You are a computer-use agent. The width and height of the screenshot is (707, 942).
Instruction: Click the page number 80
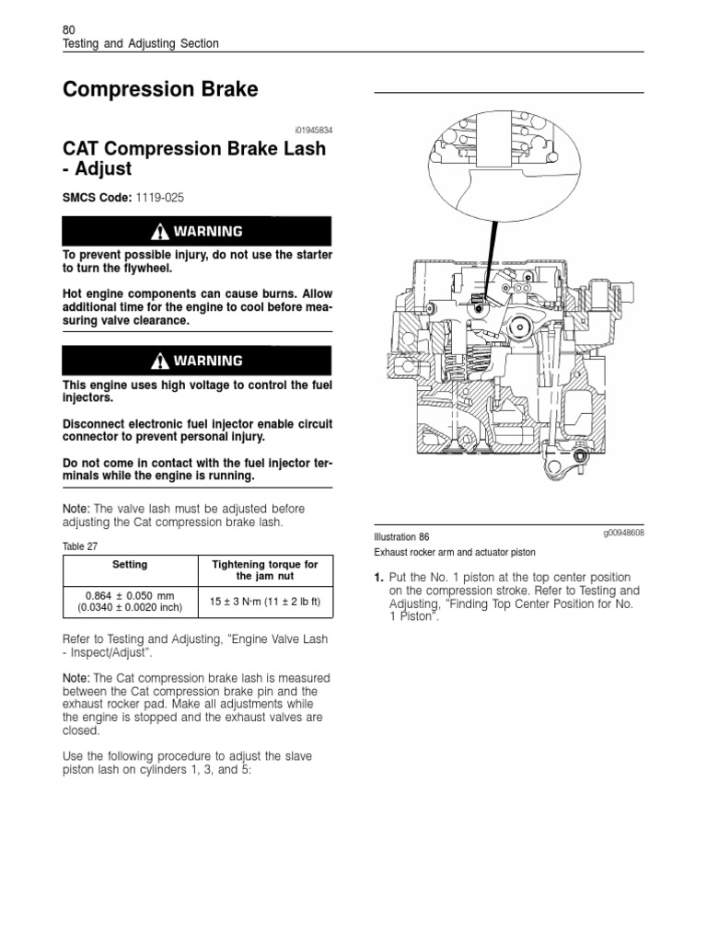(68, 29)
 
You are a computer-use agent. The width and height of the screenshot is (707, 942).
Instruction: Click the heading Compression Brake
(160, 90)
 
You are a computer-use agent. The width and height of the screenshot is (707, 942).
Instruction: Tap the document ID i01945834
(309, 131)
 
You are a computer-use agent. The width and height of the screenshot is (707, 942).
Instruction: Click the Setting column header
(129, 564)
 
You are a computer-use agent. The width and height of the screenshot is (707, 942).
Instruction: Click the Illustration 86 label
(402, 536)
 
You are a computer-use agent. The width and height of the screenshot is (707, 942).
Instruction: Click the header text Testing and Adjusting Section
(140, 43)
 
